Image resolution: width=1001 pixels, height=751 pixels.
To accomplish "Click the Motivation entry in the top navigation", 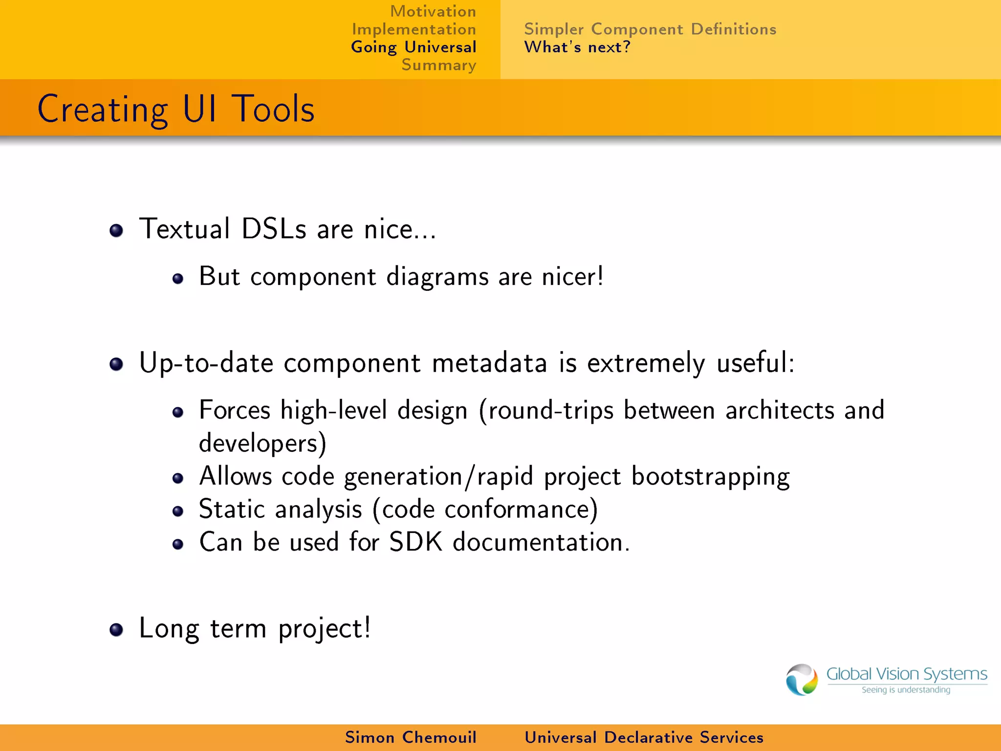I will click(x=433, y=11).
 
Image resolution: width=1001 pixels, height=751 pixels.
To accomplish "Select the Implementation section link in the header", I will click(x=414, y=29).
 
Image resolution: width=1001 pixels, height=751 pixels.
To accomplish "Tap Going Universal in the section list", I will click(x=413, y=47).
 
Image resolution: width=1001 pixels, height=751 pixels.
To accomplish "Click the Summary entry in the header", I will click(x=438, y=65).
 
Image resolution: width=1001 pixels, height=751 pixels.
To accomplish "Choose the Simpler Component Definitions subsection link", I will click(x=650, y=29).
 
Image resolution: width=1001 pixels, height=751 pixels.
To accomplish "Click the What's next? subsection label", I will click(x=577, y=47).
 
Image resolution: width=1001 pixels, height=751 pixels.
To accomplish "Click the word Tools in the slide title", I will click(x=273, y=109).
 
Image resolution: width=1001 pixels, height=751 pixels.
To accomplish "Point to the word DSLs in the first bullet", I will click(x=274, y=229).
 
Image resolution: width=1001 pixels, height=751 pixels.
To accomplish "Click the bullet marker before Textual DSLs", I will click(x=116, y=230).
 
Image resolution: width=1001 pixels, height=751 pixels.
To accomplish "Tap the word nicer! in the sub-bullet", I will click(x=573, y=277).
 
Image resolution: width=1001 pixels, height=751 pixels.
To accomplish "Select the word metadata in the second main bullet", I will click(x=489, y=363).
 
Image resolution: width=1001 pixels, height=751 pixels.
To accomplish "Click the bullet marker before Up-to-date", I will click(x=116, y=364).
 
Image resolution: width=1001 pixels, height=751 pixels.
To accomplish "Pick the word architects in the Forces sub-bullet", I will click(x=780, y=410).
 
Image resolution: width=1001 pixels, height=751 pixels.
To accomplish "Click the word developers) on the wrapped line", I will click(x=262, y=443).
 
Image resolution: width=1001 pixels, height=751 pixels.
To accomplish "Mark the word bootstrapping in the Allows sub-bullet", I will click(x=710, y=477).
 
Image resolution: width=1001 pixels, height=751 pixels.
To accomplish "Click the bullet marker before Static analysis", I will click(x=178, y=511).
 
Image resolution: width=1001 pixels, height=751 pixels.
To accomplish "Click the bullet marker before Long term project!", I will click(x=116, y=630).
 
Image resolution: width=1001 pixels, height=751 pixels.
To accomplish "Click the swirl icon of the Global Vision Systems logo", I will click(x=802, y=679).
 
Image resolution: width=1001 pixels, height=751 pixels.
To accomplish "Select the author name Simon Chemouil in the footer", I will click(x=411, y=737).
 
